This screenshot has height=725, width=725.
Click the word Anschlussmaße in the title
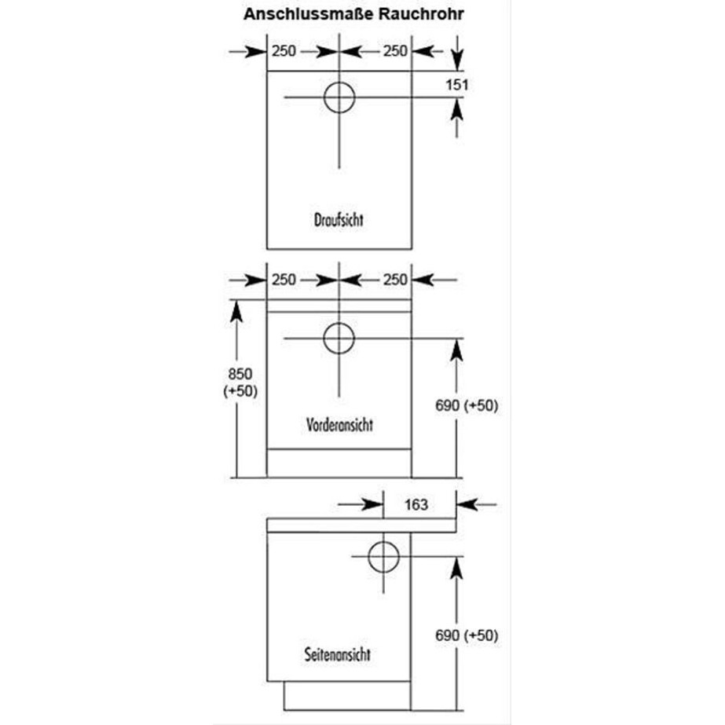coord(309,14)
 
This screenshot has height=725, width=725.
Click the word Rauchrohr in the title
coord(421,14)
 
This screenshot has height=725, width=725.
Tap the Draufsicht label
coord(339,220)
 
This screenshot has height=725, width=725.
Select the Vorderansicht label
coord(339,424)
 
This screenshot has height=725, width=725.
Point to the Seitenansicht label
coord(338,654)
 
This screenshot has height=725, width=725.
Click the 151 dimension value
coord(457,85)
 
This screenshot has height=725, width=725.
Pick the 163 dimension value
coord(416,504)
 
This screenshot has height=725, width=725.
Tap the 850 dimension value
coord(240,374)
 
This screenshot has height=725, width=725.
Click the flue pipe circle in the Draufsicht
coord(339,97)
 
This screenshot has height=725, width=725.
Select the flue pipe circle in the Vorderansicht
coord(339,338)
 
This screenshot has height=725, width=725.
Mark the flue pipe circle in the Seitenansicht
coord(383,556)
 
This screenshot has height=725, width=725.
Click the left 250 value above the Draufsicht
coord(284,51)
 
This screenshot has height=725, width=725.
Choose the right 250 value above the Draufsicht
coord(395,51)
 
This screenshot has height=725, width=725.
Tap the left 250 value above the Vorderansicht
coord(284,280)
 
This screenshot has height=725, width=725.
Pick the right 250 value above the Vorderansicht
coord(395,280)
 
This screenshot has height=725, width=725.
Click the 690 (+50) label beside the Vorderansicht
coord(467,405)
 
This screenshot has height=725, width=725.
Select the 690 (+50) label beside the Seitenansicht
coord(467,635)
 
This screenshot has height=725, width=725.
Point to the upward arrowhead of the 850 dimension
coord(236,311)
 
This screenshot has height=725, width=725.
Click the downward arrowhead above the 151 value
coord(457,59)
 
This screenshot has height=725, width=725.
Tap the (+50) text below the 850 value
coord(240,391)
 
